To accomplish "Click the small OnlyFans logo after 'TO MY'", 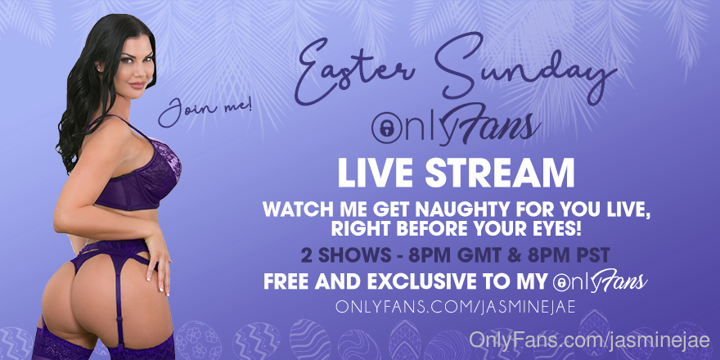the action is coord(601,281).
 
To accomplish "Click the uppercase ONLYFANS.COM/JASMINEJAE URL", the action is coord(455,307).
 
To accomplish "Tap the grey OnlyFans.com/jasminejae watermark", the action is coord(589,342).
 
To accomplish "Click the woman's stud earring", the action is coord(100,69).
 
